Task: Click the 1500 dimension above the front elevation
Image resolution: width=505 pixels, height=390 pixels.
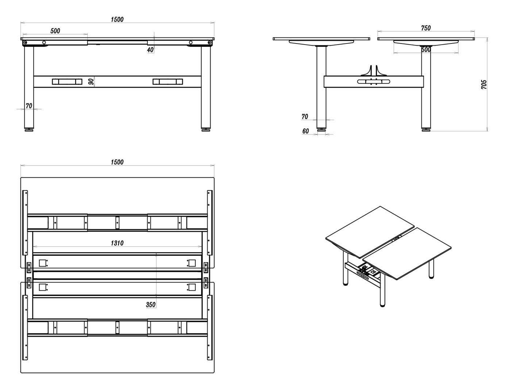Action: tap(117, 19)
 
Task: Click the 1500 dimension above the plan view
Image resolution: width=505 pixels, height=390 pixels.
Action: tap(117, 162)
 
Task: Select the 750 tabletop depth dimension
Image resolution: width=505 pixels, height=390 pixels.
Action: tap(426, 28)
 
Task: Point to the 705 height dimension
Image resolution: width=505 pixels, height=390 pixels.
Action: tap(484, 84)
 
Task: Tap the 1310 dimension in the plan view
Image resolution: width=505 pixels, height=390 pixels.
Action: tap(117, 243)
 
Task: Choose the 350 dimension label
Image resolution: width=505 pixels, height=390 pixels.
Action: tap(151, 304)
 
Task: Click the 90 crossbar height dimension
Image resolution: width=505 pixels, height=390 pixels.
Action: tap(91, 82)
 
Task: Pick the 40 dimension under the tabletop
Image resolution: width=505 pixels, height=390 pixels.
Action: tap(150, 50)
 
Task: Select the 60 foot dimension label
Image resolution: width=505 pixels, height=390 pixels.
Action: tap(306, 131)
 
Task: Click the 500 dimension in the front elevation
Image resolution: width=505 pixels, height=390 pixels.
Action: tap(55, 31)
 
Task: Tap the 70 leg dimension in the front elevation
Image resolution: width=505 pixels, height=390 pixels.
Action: tap(29, 106)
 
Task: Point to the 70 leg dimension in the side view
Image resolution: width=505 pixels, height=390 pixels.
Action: tap(305, 117)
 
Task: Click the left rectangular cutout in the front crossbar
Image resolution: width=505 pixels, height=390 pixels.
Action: tap(67, 82)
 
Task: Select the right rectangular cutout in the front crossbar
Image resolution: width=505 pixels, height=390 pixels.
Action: tap(168, 82)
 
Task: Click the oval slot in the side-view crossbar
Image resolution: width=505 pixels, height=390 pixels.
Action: tap(374, 82)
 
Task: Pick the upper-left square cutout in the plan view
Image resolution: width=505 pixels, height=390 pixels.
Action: tap(42, 263)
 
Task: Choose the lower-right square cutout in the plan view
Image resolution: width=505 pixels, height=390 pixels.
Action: tap(192, 287)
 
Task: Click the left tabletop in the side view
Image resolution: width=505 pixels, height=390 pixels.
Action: tap(321, 39)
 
